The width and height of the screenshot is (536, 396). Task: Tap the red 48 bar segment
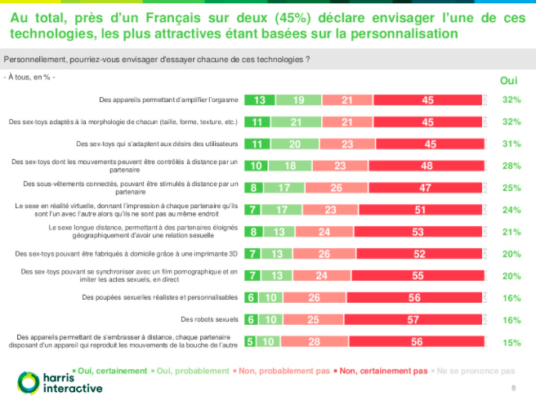coord(428,166)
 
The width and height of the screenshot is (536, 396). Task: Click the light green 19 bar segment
coord(298,100)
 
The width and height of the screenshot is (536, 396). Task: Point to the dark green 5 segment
coord(248,340)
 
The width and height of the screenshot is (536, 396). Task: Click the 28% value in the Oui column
coord(512,166)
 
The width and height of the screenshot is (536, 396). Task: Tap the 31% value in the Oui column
coord(512,144)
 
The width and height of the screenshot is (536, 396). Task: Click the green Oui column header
coord(508,80)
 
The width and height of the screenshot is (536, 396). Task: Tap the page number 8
coord(513,386)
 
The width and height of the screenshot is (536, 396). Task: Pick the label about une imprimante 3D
coord(159,253)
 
